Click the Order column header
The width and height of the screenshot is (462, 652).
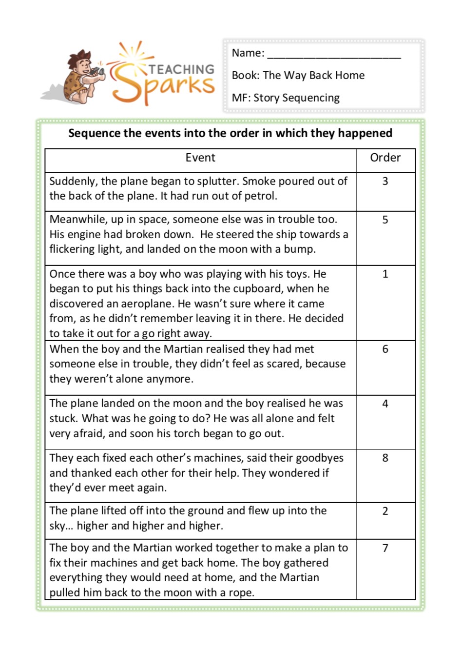click(x=385, y=158)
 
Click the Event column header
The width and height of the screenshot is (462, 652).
click(x=200, y=158)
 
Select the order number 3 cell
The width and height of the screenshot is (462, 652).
click(x=385, y=182)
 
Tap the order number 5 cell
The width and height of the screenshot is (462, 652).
click(x=385, y=220)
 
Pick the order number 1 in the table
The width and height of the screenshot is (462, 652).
click(x=385, y=274)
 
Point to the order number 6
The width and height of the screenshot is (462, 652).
click(x=385, y=349)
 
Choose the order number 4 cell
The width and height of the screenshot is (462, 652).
click(x=385, y=404)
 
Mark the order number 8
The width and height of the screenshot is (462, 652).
click(x=385, y=458)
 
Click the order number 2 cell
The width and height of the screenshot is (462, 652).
click(x=385, y=511)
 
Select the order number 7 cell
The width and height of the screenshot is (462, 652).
click(x=385, y=549)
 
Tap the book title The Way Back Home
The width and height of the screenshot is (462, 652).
click(x=313, y=76)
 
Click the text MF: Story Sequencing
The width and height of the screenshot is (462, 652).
click(x=286, y=98)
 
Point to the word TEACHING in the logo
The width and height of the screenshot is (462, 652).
click(x=181, y=69)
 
